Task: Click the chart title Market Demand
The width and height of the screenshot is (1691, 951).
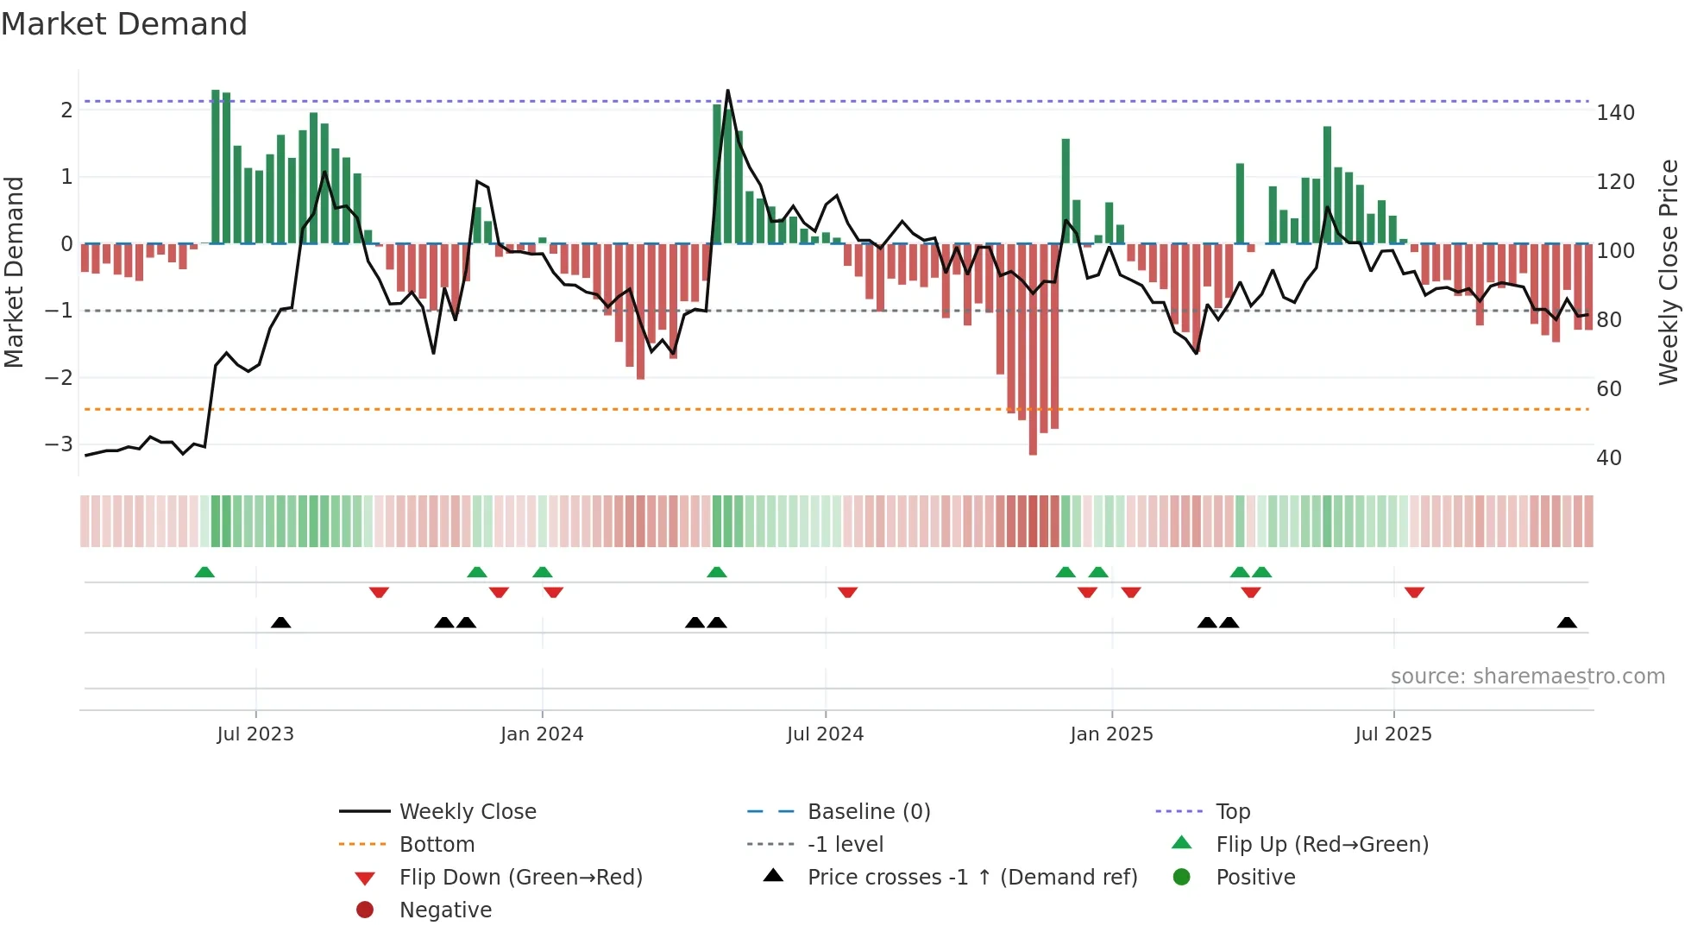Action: click(124, 24)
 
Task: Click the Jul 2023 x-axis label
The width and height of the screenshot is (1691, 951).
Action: click(255, 734)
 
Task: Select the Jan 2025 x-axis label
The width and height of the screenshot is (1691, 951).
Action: click(1111, 734)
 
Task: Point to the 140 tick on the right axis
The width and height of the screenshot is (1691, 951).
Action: click(1615, 113)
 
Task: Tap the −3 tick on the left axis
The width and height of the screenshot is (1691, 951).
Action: click(60, 444)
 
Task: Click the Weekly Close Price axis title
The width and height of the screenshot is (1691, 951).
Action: click(1669, 272)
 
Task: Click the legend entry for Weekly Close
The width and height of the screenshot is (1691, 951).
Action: click(467, 812)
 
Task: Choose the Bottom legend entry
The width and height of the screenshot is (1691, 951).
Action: click(437, 845)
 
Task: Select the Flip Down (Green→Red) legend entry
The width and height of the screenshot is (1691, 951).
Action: click(520, 878)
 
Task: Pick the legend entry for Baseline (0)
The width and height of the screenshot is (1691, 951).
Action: click(868, 812)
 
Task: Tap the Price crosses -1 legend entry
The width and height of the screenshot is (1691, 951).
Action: click(971, 878)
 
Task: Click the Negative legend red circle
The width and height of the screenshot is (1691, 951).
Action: click(365, 910)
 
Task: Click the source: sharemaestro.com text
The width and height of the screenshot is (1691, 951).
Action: click(1527, 677)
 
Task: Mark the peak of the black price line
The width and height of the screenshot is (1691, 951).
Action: click(727, 91)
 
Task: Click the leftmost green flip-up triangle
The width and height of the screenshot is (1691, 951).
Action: click(204, 572)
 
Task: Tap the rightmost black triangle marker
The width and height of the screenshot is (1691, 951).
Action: click(1567, 623)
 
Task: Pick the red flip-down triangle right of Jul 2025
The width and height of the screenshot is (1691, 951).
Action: click(1414, 592)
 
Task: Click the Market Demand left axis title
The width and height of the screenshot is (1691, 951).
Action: click(15, 272)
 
